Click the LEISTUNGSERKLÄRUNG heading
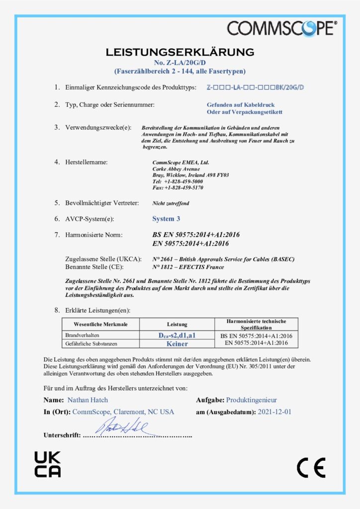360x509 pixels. click(180, 52)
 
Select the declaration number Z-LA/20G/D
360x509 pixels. click(180, 63)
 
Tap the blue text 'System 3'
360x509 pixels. click(163, 219)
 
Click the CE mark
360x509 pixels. click(311, 467)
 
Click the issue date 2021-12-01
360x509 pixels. click(274, 412)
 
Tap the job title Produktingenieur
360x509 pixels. click(251, 400)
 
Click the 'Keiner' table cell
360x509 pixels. click(177, 343)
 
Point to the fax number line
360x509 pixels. click(178, 188)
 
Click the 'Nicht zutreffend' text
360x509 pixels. click(171, 203)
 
